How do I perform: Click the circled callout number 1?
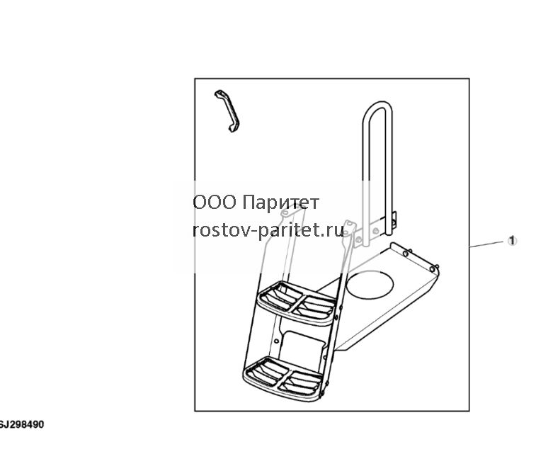512,241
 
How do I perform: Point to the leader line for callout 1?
486,244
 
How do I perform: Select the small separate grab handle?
227,110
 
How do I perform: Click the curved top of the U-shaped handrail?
377,105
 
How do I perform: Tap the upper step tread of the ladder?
296,302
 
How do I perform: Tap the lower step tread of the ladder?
282,378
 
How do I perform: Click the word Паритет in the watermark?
281,203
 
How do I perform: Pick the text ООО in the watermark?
215,203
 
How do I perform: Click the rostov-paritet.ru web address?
268,230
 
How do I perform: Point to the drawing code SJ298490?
22,424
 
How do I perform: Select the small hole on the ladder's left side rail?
276,341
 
